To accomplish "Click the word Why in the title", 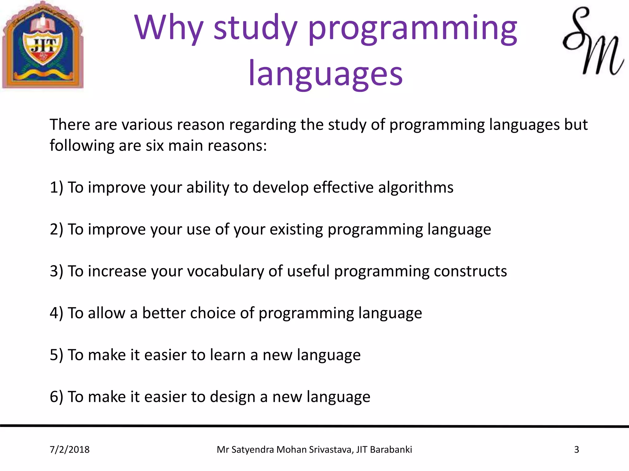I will [169, 28].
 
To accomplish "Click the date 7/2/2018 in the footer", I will [70, 450].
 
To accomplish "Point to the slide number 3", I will [576, 450].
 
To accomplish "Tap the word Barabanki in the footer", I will [391, 450].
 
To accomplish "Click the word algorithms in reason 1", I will [416, 187].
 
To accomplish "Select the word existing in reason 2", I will [296, 229].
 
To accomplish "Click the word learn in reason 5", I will [228, 355].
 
